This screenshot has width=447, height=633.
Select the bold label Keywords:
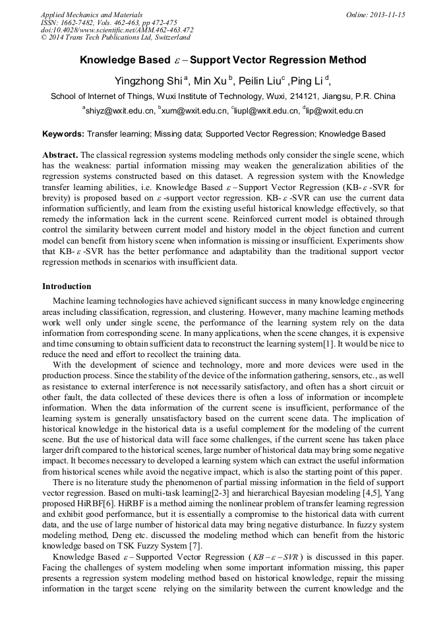pos(63,134)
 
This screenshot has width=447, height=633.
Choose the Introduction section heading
pos(67,286)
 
